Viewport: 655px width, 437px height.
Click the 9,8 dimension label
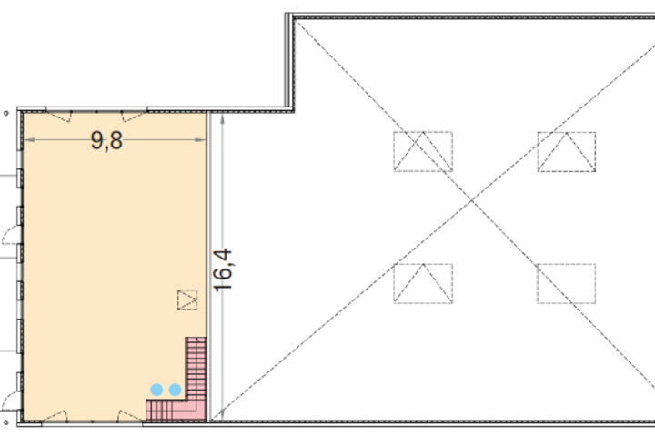click(106, 140)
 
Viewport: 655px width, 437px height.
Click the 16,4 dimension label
click(223, 270)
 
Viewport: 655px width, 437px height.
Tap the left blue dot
click(156, 390)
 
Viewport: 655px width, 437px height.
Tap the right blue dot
click(175, 390)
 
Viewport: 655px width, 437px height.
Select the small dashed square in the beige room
click(187, 300)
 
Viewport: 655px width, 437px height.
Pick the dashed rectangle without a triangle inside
click(567, 283)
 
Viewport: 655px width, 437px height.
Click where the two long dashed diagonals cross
click(471, 201)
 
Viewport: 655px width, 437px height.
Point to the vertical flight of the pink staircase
click(196, 368)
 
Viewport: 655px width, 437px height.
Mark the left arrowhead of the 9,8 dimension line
click(28, 140)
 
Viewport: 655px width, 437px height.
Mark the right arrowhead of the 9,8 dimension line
click(201, 140)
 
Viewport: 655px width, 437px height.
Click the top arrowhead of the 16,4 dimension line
click(223, 119)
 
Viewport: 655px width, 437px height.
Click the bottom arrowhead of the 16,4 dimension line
click(223, 414)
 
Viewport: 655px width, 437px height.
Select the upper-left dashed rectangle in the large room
click(423, 151)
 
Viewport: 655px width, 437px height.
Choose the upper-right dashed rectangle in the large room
click(567, 151)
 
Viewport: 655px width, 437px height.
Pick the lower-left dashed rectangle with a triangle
click(423, 283)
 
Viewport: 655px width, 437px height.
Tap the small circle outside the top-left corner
click(5, 113)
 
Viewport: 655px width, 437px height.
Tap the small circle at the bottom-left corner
click(5, 422)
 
